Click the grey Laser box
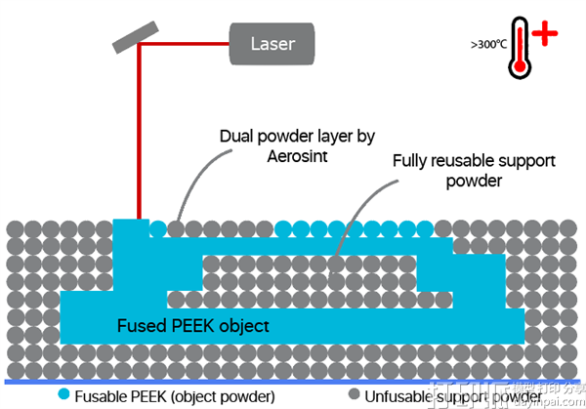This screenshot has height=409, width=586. [272, 43]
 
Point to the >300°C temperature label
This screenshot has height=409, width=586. [487, 44]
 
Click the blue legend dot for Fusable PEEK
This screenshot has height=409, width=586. [63, 395]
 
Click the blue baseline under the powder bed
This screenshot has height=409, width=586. [293, 380]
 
